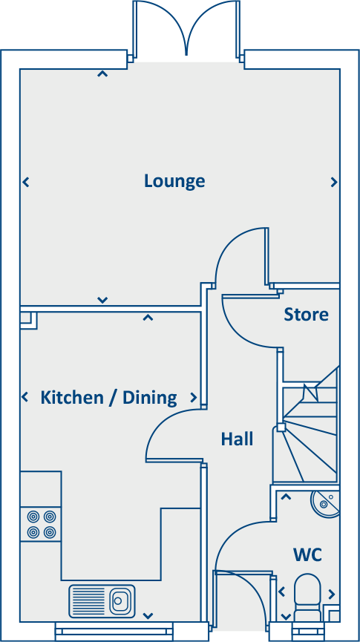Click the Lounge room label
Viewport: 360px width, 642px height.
point(174,181)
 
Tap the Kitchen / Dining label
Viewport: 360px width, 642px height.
point(108,398)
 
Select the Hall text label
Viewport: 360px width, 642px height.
point(237,439)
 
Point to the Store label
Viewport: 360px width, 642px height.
point(306,315)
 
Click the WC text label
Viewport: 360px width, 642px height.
point(307,555)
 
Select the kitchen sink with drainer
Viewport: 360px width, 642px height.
point(102,600)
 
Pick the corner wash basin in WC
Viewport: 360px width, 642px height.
point(326,502)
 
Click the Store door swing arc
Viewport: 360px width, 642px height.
point(249,322)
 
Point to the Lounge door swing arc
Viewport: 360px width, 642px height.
point(239,256)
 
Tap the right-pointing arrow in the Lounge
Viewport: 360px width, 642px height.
point(334,182)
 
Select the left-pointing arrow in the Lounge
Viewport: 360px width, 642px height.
point(26,182)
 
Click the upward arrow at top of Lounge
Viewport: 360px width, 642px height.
point(102,73)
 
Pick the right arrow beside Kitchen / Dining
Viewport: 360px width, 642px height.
point(194,398)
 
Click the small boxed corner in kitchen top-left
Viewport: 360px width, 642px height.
point(28,319)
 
